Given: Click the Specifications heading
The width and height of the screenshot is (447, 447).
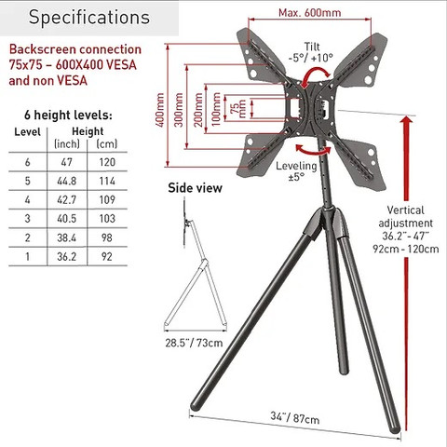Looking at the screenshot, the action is click(x=89, y=18).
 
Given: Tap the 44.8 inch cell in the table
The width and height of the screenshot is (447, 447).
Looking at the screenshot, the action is click(x=67, y=181).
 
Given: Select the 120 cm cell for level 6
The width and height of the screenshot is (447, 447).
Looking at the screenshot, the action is click(x=107, y=162).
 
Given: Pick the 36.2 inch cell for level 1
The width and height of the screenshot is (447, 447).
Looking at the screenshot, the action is click(x=67, y=256).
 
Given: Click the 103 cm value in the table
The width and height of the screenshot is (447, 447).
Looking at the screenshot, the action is click(x=107, y=219).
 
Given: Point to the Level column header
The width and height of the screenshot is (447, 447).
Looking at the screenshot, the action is click(x=27, y=132).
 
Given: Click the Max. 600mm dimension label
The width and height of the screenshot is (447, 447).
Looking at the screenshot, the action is click(x=310, y=13).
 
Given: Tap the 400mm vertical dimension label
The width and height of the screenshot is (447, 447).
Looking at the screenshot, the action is click(x=159, y=110).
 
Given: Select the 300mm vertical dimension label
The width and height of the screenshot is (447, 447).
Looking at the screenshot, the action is click(x=179, y=110).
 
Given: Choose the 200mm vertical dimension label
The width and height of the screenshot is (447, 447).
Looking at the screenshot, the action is click(x=198, y=110).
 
